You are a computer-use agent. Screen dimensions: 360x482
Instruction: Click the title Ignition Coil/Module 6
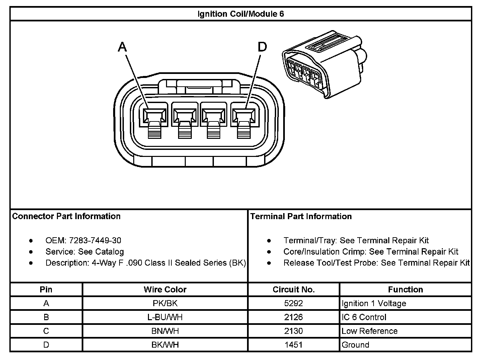coord(241,14)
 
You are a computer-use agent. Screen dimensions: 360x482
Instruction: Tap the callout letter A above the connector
coord(123,47)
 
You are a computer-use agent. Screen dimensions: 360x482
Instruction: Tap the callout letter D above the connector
coord(262,47)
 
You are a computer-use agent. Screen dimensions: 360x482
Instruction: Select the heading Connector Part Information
coord(66,216)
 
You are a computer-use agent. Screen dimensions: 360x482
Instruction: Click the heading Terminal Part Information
coord(301,216)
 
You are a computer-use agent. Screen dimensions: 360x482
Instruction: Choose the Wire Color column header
coord(165,289)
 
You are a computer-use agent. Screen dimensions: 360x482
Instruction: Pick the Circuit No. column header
coord(294,289)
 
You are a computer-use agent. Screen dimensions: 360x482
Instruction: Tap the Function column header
coord(405,289)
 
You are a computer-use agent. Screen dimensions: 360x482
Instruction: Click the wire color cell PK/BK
coord(165,303)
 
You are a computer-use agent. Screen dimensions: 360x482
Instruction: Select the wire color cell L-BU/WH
coord(165,317)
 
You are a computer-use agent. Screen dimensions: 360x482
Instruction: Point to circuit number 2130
coord(294,331)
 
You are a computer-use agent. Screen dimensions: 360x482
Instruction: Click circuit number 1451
coord(294,345)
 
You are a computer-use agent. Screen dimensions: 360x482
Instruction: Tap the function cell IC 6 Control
coord(364,317)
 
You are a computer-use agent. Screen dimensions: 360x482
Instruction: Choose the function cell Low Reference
coord(370,331)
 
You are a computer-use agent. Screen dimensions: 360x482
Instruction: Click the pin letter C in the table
coord(46,331)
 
